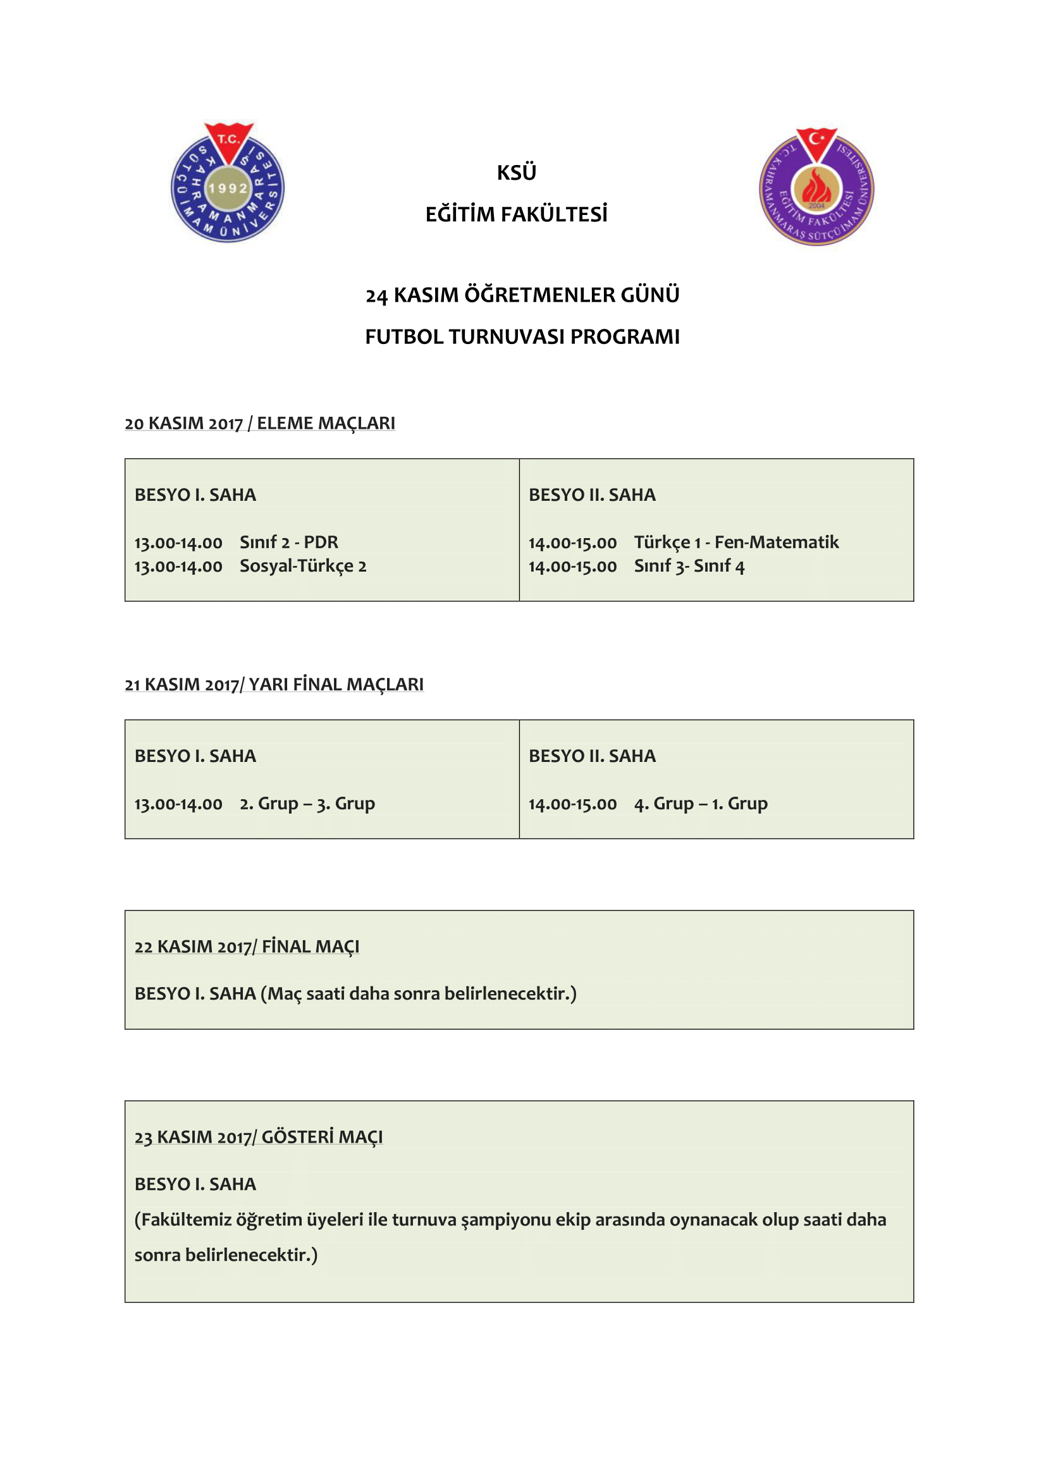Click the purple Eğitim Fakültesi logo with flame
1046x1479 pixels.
tap(816, 187)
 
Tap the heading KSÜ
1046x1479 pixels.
tap(516, 173)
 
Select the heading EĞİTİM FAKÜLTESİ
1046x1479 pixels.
tap(516, 214)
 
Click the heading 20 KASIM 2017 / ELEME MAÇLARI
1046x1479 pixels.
tap(259, 423)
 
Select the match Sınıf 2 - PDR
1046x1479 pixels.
tap(288, 543)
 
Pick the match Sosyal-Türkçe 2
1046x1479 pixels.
tap(303, 566)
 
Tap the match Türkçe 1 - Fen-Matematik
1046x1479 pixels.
tap(736, 543)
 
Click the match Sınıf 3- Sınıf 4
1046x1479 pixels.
tap(689, 566)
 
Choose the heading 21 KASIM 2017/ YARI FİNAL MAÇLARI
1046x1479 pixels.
tap(274, 684)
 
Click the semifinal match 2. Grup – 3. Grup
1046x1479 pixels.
tap(307, 804)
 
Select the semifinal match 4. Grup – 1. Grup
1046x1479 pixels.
tap(701, 804)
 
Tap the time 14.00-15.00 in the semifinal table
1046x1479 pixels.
tap(572, 804)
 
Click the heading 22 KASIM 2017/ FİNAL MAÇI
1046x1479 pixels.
tap(247, 947)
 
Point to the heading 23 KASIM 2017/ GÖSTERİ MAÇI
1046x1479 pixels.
tap(258, 1137)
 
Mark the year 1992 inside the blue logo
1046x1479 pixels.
tap(228, 188)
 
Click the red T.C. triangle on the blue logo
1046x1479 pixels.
tap(229, 140)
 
